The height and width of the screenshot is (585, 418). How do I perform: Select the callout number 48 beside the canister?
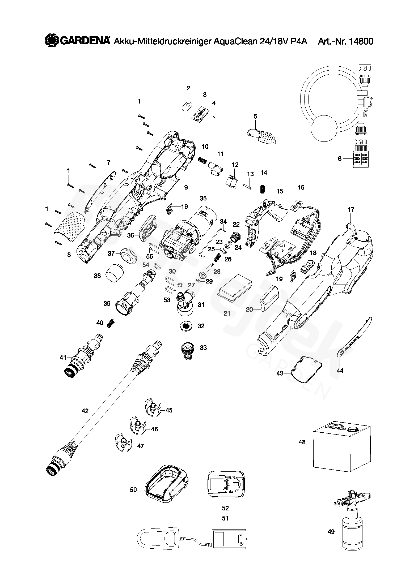302,442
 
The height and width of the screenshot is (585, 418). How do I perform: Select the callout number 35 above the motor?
203,198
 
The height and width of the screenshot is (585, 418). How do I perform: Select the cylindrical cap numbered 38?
115,273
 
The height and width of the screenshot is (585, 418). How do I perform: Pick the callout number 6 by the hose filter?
339,159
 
